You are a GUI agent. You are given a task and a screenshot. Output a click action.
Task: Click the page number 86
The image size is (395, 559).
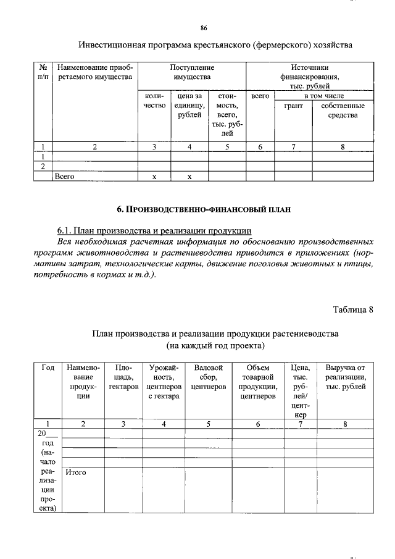coord(204,28)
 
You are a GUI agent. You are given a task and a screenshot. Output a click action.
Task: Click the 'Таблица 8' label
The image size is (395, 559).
coord(353,309)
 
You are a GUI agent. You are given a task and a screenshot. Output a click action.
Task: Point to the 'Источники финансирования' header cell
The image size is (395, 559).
coord(309,77)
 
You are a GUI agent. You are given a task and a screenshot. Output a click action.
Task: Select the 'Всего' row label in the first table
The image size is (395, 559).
coord(64,177)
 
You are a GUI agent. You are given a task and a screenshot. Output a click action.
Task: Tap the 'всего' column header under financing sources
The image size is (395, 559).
coord(260,96)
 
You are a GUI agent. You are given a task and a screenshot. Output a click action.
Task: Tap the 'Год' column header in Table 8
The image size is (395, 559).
coord(48,368)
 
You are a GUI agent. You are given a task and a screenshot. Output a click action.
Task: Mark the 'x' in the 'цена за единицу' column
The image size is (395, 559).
coord(189,177)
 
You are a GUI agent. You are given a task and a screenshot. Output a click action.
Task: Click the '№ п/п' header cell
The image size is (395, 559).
coord(43,72)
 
